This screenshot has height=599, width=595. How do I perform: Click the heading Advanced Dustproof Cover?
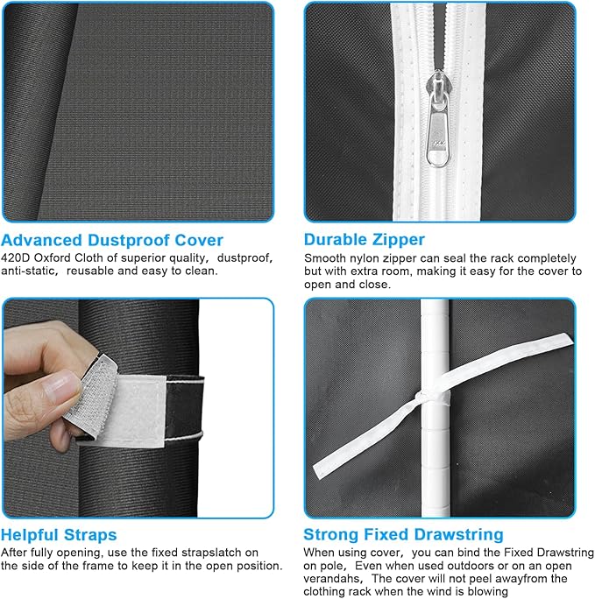(x=112, y=240)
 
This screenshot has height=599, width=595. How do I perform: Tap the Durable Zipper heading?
(x=365, y=240)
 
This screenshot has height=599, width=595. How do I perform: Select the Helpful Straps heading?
(x=59, y=535)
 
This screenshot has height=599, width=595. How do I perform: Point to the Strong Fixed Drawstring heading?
(x=403, y=535)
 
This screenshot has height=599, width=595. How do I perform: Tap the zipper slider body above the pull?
(x=438, y=86)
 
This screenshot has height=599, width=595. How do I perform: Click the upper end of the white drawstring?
(x=567, y=338)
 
